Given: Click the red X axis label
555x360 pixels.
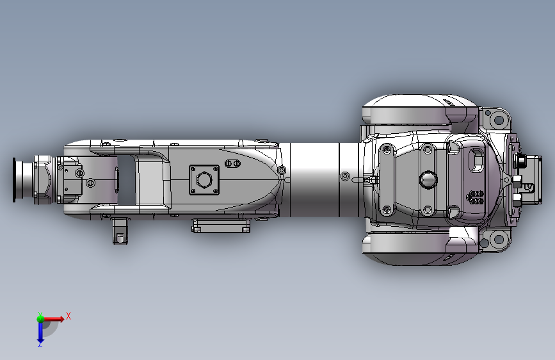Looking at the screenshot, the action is coord(68,316).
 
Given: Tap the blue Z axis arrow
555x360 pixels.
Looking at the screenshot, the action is coord(40,333).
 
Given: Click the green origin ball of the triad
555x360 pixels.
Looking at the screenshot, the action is coord(40,318).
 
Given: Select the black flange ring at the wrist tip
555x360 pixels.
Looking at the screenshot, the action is coord(14,180).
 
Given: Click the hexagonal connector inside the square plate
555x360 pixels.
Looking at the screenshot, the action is coord(204,179).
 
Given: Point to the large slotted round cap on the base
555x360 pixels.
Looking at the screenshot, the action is coord(428,179).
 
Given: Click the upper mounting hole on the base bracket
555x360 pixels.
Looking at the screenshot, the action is coord(499,120).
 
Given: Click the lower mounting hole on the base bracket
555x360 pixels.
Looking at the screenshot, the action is coord(499,238).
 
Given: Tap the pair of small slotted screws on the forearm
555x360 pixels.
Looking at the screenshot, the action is coord(232,163).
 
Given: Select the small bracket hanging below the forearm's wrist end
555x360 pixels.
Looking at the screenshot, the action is coord(120,231).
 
